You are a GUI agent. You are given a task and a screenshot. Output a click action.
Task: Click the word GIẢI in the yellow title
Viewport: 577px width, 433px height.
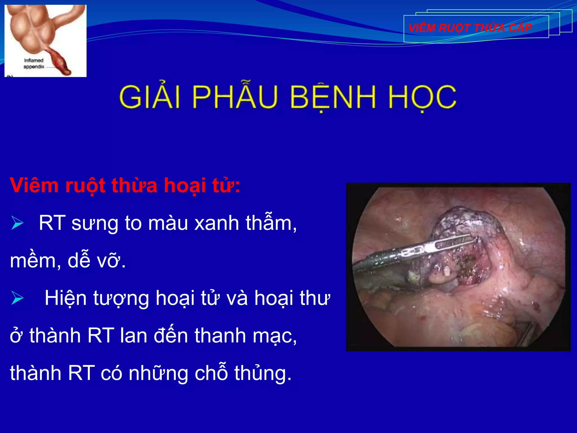149,97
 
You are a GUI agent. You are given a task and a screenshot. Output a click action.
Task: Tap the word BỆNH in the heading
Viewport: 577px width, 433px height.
332,97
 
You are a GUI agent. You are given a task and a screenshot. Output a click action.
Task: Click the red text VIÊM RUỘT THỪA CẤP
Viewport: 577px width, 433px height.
470,28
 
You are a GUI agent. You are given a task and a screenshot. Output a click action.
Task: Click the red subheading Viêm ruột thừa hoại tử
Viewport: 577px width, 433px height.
125,186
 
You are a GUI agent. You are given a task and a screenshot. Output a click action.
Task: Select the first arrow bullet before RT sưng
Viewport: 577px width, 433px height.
17,224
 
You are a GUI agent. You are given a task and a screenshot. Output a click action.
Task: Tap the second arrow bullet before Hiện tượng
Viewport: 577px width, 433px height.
17,298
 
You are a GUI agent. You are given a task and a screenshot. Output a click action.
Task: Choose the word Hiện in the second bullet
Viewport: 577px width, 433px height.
65,298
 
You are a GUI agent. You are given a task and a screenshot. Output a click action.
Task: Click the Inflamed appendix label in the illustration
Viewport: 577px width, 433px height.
34,63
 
